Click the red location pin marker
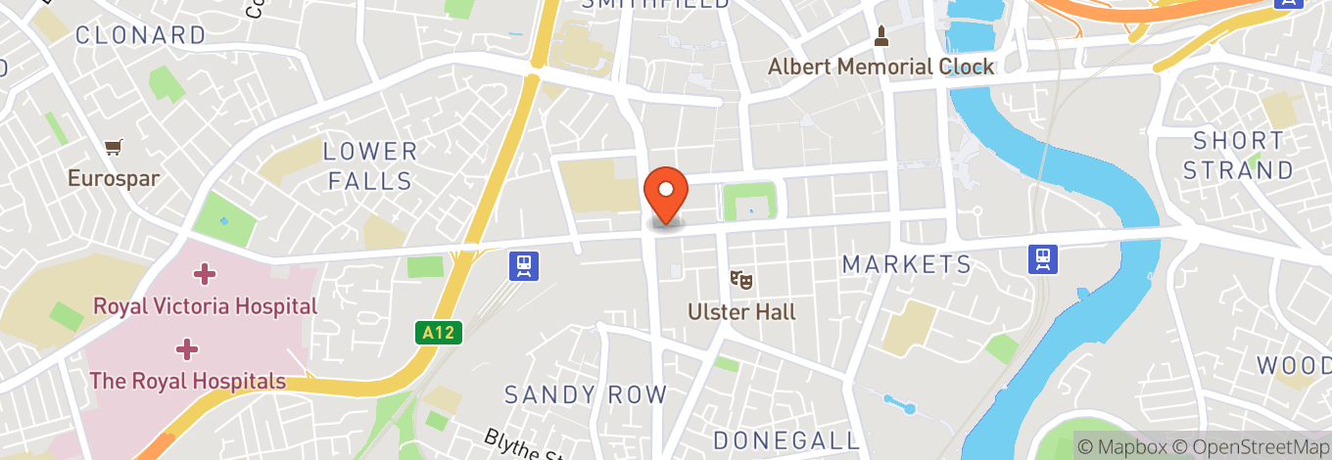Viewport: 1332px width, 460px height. point(666,194)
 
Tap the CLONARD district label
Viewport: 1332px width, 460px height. point(141,35)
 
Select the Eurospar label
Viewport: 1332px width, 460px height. point(114,179)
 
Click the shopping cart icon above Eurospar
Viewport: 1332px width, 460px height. point(114,149)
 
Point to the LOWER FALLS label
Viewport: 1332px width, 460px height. point(370,166)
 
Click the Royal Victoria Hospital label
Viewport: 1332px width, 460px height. point(205,306)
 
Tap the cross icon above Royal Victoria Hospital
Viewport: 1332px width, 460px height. point(204,273)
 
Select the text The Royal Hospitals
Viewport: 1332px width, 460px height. point(188,381)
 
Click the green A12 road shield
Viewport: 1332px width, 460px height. point(438,334)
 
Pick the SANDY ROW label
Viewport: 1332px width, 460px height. point(585,395)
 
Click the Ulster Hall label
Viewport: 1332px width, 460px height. point(741,312)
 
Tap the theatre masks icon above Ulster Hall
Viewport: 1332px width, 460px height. point(741,280)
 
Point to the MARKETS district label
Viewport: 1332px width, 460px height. point(907,264)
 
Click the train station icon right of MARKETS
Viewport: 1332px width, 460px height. point(1043,258)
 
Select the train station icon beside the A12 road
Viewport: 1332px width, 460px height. point(525,265)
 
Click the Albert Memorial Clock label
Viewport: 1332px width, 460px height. point(880,67)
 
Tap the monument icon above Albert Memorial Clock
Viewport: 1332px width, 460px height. point(881,37)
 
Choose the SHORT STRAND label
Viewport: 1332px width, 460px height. point(1238,156)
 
